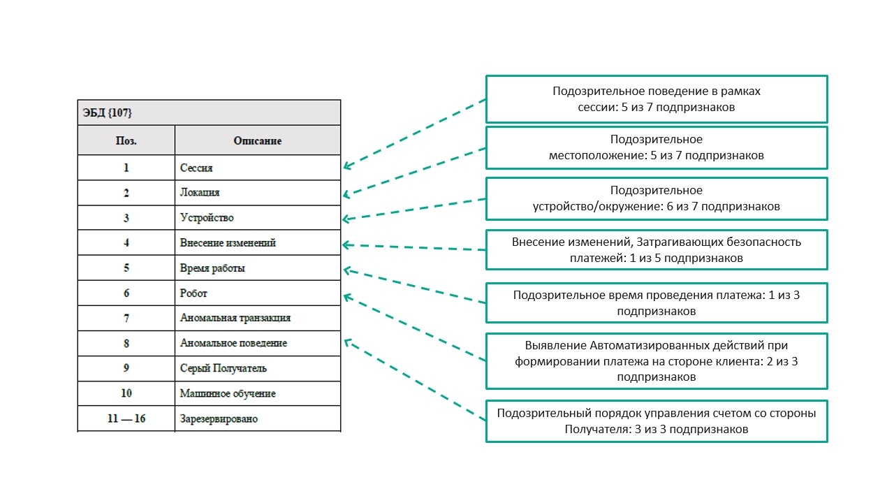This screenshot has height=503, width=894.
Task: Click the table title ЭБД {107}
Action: point(105,112)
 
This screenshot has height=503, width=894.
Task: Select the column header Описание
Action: point(257,140)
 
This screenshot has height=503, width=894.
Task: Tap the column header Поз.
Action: point(126,140)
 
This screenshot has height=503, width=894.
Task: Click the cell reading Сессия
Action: point(196,168)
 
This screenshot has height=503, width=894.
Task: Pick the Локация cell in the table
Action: point(200,193)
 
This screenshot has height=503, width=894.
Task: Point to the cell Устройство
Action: point(207,218)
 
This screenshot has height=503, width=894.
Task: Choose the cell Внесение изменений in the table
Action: point(228,243)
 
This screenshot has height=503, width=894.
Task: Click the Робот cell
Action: point(193,293)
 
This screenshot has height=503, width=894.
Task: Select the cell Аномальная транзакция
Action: point(235,318)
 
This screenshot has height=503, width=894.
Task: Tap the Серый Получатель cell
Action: point(223,368)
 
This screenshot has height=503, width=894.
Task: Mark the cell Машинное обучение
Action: point(228,393)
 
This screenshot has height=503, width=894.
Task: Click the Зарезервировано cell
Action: point(219,418)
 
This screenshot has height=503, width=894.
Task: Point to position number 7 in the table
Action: point(126,318)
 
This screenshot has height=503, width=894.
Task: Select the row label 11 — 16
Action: point(126,418)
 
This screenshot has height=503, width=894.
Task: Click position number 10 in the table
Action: point(126,393)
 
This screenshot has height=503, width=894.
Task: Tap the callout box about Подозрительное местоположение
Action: point(657,147)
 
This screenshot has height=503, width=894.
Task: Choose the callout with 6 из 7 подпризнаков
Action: point(657,198)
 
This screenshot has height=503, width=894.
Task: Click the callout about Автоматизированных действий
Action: point(657,360)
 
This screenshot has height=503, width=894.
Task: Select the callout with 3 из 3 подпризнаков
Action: point(657,421)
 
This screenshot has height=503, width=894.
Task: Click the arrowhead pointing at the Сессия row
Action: point(346,166)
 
